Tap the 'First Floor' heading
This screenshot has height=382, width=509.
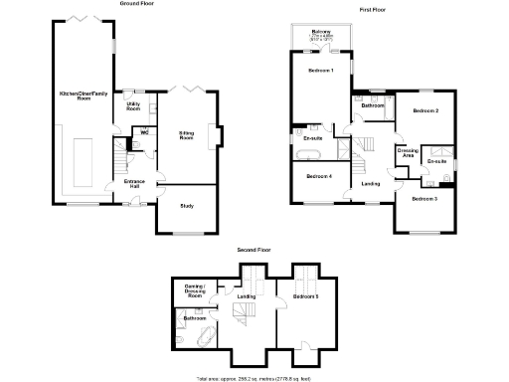(373, 9)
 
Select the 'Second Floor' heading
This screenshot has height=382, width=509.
(253, 250)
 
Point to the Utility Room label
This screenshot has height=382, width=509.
(133, 105)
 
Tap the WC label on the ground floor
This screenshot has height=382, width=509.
(144, 132)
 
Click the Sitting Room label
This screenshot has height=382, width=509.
(186, 134)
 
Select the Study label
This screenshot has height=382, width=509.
(186, 206)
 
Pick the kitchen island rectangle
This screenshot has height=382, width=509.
(82, 158)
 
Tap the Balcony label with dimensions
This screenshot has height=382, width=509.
(321, 35)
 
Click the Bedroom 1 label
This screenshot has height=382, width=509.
(319, 72)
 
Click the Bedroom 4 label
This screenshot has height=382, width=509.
(318, 176)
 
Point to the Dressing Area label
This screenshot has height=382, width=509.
(407, 154)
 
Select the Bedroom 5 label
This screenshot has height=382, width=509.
(306, 296)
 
